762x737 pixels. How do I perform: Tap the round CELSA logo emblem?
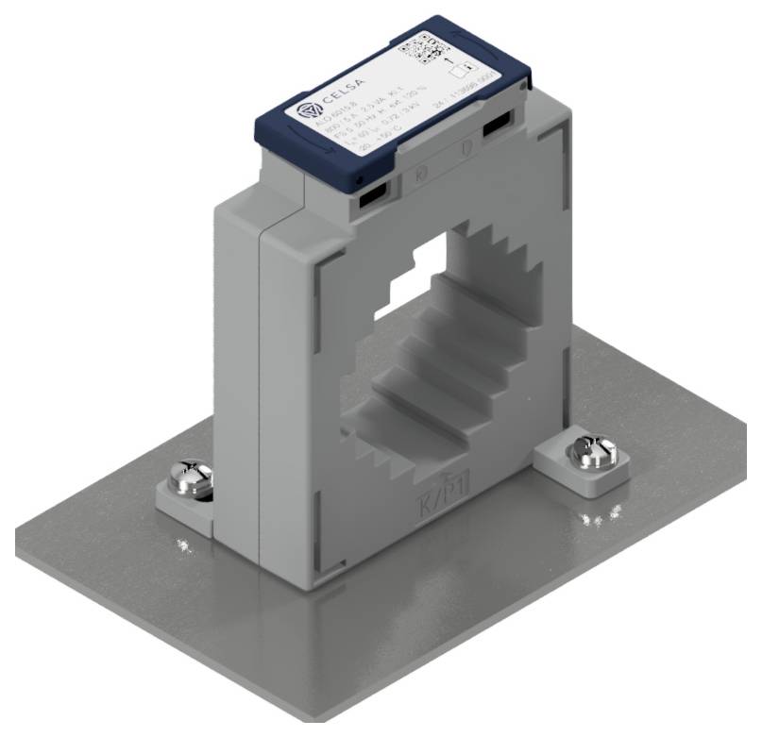coord(307,112)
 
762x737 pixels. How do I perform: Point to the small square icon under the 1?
coord(460,72)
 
